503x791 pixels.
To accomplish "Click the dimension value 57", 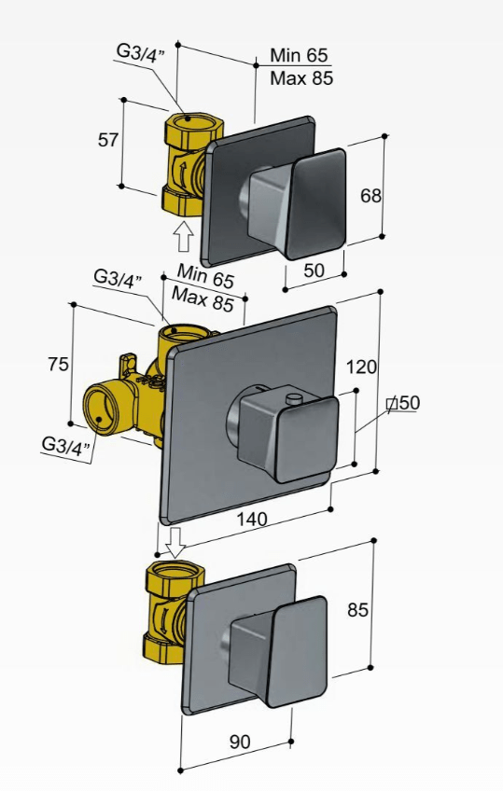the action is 108,140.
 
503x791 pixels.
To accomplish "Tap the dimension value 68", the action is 370,196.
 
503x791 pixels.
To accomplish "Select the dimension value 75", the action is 58,363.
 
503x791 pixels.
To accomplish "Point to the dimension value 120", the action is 361,367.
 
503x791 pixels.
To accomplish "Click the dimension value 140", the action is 252,519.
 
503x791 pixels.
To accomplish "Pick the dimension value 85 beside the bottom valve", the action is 357,610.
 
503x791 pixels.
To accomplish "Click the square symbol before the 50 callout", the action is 392,404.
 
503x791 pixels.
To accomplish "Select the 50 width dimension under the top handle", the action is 314,271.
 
